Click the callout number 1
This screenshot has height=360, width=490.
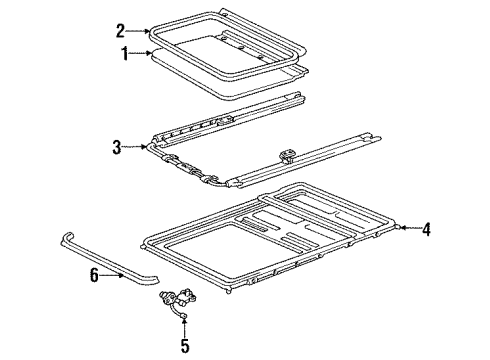(x=125, y=53)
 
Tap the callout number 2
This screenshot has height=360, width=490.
(x=120, y=30)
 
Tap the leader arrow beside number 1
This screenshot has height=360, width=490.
(x=142, y=53)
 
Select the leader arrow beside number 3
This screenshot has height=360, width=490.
(x=137, y=148)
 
